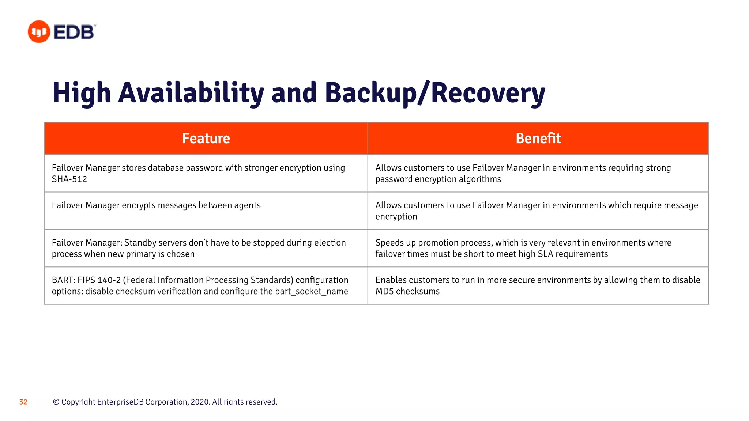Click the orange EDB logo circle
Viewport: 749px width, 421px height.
[x=39, y=32]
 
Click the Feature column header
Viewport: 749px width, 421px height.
[x=206, y=139]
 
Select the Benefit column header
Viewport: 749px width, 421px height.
[x=538, y=139]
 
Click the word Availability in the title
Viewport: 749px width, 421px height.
[x=191, y=93]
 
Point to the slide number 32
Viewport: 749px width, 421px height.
[x=23, y=402]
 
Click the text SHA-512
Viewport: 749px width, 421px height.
[x=69, y=179]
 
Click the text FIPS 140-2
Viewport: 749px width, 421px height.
[x=99, y=280]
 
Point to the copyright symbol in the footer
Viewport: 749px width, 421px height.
[x=56, y=402]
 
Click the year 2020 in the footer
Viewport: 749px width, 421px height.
[x=200, y=402]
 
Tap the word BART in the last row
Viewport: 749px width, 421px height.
[x=63, y=280]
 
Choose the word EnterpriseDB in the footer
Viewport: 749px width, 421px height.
[x=121, y=402]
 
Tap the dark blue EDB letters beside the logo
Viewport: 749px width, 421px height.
[x=74, y=32]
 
